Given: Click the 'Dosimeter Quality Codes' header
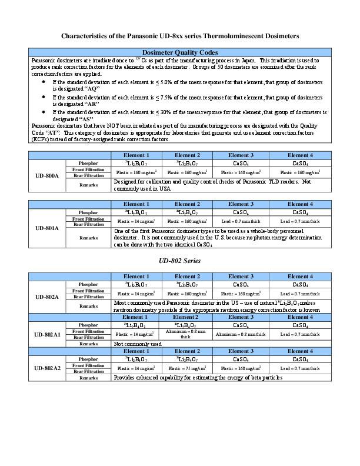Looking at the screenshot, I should (181, 52).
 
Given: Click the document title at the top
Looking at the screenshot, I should (180, 36).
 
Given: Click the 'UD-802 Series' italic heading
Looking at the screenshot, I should (180, 259).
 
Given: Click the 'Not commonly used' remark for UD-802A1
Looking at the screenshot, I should (138, 344).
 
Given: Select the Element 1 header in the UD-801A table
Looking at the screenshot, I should (136, 204).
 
